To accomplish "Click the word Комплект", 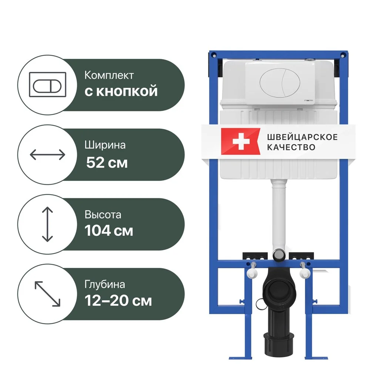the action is click(109, 75).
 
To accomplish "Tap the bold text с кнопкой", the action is click(121, 91).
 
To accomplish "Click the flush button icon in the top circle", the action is click(47, 84).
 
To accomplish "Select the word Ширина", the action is click(105, 145).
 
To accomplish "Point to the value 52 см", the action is click(107, 162).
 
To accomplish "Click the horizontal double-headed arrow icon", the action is click(47, 155).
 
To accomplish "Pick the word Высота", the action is click(103, 215).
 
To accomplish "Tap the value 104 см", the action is click(109, 231).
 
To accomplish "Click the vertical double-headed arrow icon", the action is click(47, 224).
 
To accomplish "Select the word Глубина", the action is click(105, 285).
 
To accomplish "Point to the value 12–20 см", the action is click(118, 300).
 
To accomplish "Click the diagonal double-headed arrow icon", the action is click(47, 294).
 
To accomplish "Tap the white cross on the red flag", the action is click(241, 141).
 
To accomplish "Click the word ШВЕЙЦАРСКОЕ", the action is click(302, 137).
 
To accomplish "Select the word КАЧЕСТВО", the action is click(291, 147).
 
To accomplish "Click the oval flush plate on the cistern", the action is click(280, 83).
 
